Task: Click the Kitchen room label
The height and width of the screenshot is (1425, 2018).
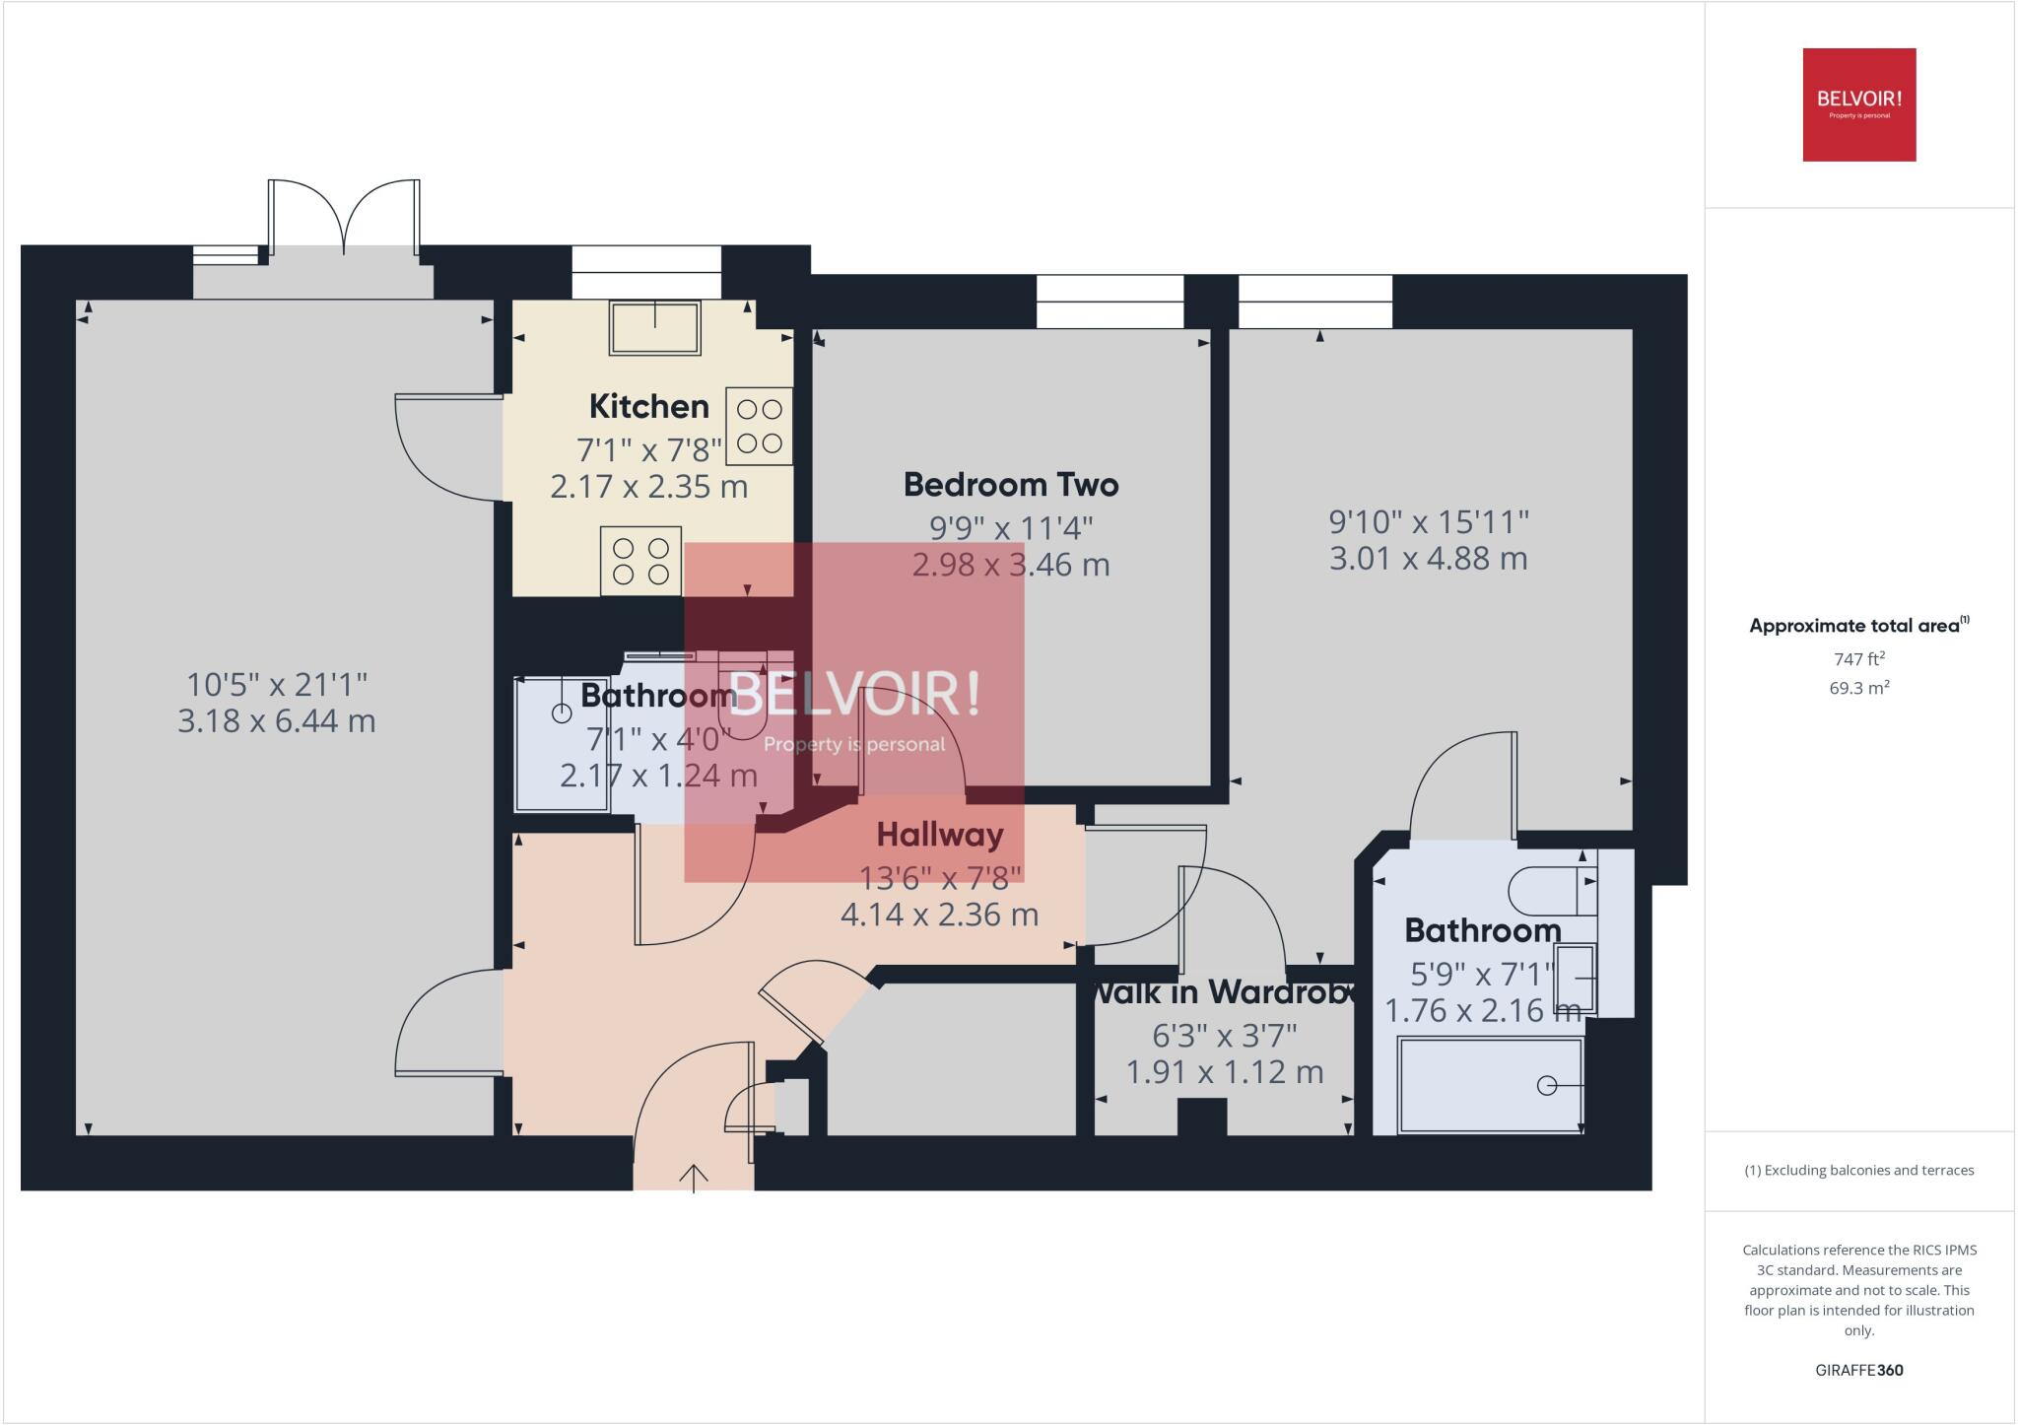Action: coord(648,406)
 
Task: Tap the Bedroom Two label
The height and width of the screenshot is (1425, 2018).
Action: coord(1010,485)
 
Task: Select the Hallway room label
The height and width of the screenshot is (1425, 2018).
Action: coord(939,835)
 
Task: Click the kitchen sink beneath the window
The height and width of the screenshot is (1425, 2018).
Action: coord(655,327)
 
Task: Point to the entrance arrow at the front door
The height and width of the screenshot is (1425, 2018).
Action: coord(694,1177)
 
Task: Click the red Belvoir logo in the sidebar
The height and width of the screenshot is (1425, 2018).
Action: coord(1858,104)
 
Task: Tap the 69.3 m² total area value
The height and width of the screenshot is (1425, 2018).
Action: coord(1858,688)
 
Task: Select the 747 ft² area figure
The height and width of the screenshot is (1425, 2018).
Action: coord(1858,659)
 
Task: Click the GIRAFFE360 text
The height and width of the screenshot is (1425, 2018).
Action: coord(1858,1370)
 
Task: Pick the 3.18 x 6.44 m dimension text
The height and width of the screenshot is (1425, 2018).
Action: coord(276,721)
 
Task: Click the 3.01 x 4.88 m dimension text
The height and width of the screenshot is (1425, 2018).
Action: coord(1428,559)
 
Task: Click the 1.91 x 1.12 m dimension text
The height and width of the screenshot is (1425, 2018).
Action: coord(1224,1072)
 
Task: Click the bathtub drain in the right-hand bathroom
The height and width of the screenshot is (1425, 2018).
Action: coord(1546,1086)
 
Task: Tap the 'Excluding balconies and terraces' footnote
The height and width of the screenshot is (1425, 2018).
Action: coord(1858,1171)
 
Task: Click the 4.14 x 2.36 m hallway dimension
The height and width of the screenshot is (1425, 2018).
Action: coord(939,915)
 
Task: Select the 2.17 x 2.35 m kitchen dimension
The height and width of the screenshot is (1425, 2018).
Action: coord(648,487)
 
